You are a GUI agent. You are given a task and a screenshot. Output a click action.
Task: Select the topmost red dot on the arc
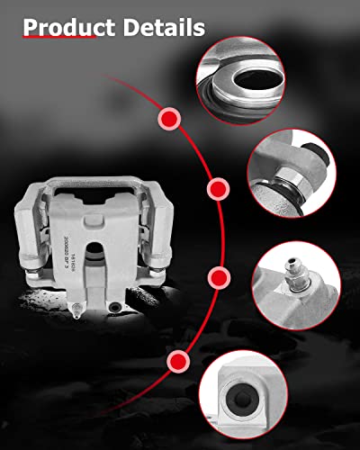168,118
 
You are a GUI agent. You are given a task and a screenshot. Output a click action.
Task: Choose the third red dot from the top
217,276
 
